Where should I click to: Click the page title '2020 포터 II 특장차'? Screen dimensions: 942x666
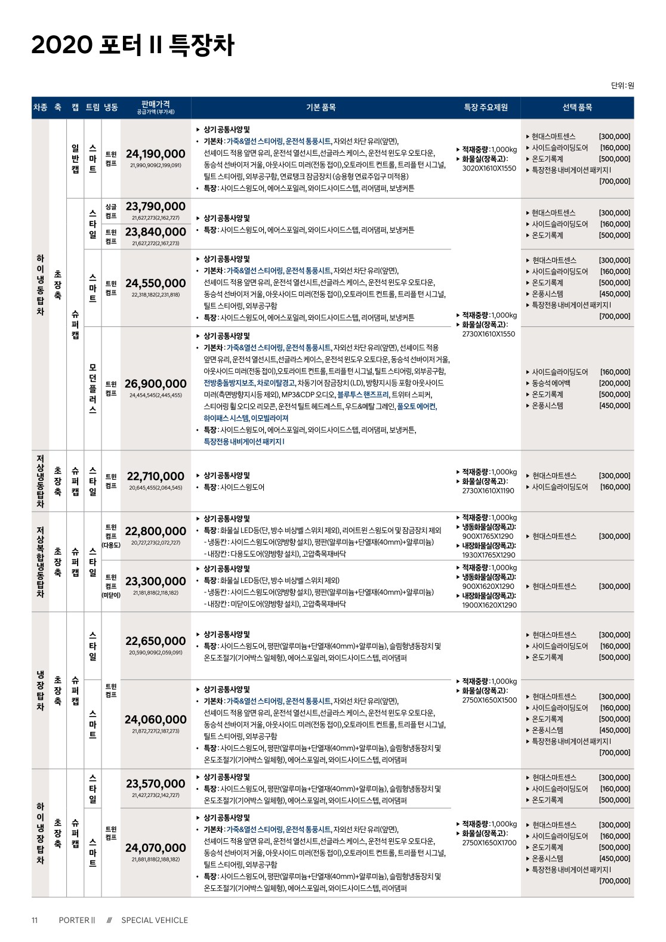pyautogui.click(x=132, y=46)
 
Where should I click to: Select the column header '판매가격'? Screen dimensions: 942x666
pyautogui.click(x=156, y=104)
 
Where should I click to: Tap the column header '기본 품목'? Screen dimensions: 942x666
pyautogui.click(x=321, y=107)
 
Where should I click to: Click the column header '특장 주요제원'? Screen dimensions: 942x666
pyautogui.click(x=486, y=107)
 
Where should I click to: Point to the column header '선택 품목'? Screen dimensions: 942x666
pyautogui.click(x=577, y=107)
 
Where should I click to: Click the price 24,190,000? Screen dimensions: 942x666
pyautogui.click(x=156, y=154)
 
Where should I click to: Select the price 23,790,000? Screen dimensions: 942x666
pyautogui.click(x=156, y=207)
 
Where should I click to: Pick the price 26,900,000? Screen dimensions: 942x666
pyautogui.click(x=156, y=384)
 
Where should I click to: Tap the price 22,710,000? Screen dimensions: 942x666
pyautogui.click(x=156, y=476)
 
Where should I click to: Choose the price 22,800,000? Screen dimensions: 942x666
pyautogui.click(x=156, y=531)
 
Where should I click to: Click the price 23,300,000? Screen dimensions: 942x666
pyautogui.click(x=156, y=581)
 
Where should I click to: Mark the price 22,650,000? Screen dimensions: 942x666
pyautogui.click(x=156, y=641)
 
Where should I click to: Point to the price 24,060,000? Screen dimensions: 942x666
pyautogui.click(x=156, y=719)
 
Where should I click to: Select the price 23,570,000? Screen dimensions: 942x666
pyautogui.click(x=156, y=783)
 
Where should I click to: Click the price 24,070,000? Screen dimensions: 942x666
pyautogui.click(x=156, y=848)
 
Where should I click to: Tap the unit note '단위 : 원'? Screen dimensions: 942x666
pyautogui.click(x=622, y=85)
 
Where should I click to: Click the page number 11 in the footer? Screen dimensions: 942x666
pyautogui.click(x=35, y=920)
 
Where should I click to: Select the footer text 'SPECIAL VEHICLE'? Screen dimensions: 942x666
pyautogui.click(x=155, y=920)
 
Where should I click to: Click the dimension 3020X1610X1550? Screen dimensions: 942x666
pyautogui.click(x=489, y=168)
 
